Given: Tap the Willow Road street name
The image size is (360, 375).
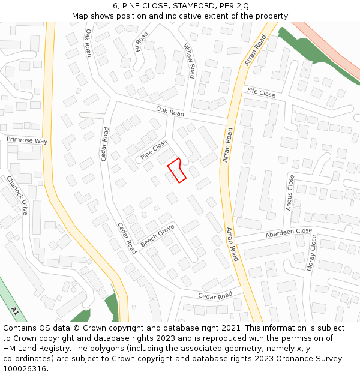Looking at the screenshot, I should coord(189,61).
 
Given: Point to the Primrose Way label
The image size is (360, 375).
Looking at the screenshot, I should coord(27,140).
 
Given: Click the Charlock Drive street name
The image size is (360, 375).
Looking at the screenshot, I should coord(17,195).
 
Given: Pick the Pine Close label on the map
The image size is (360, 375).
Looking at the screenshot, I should coord(154,149).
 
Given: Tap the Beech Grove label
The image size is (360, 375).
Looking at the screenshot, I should coord(157,236).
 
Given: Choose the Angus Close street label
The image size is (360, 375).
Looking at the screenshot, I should coord(290,192).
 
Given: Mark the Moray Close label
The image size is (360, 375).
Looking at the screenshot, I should coord(311,253).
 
